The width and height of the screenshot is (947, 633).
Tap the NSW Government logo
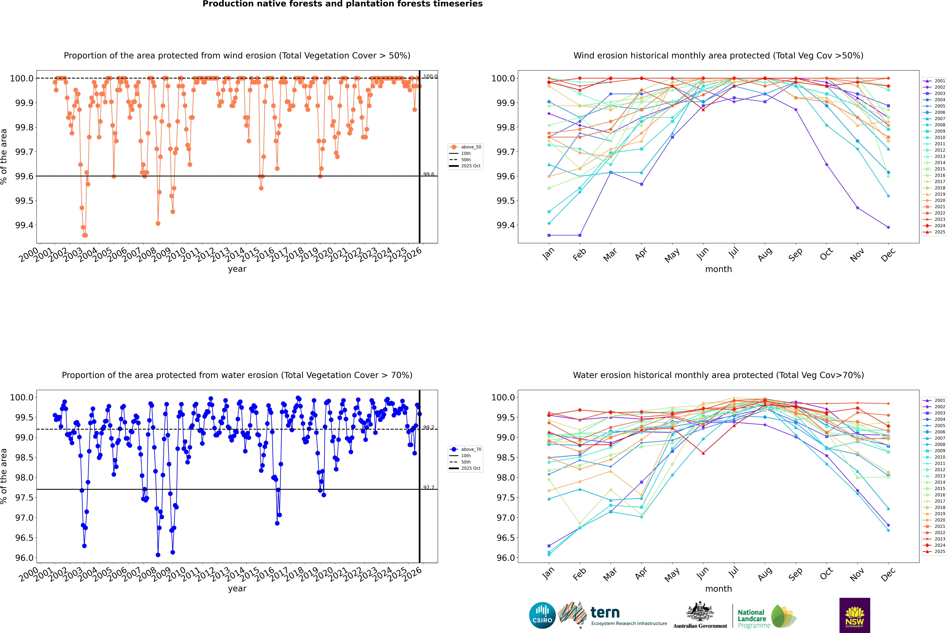point(855,615)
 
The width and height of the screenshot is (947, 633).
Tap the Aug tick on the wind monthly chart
point(765,254)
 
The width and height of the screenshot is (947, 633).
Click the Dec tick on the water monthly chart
point(888,574)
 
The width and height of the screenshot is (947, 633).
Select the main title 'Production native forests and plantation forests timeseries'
point(342,4)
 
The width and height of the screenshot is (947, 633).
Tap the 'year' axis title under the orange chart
point(237,269)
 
